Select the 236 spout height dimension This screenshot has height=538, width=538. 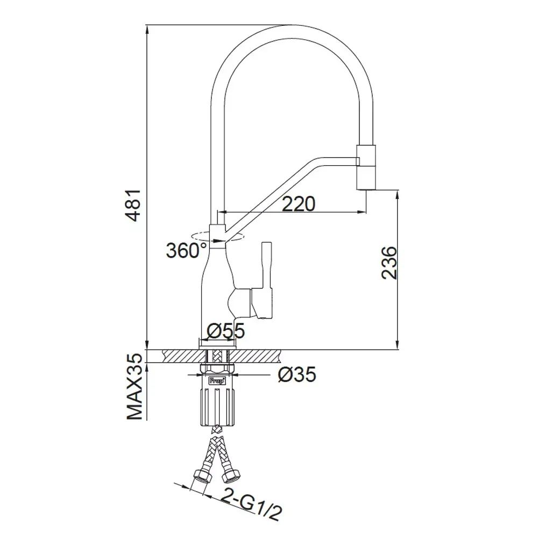tap(389, 263)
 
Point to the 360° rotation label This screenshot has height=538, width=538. tap(186, 251)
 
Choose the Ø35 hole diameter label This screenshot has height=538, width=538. tap(298, 373)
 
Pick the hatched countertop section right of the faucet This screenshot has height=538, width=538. tap(258, 355)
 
